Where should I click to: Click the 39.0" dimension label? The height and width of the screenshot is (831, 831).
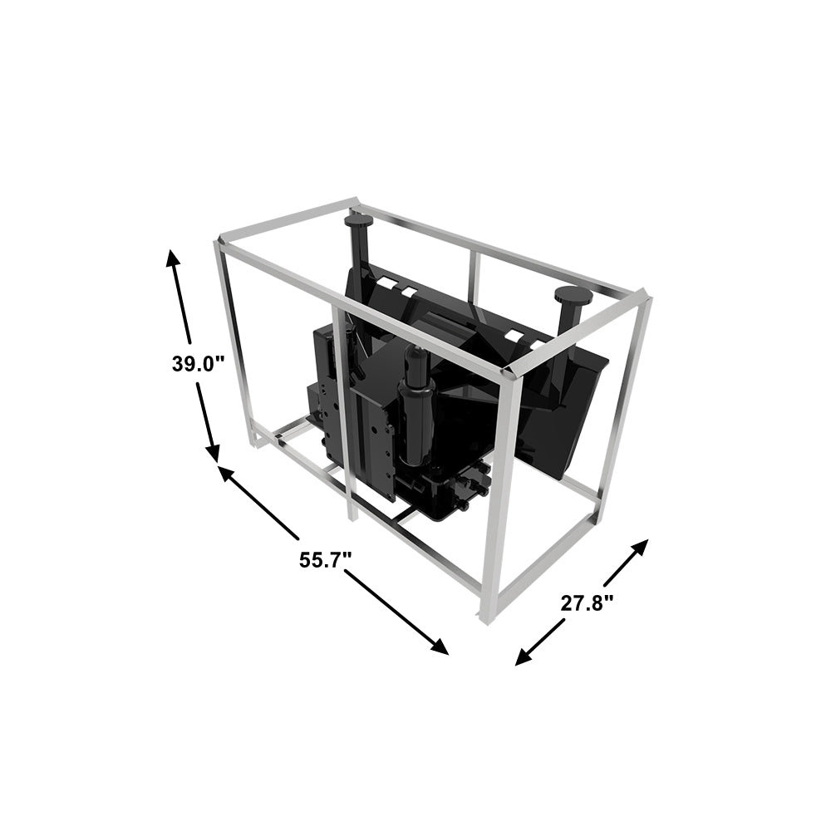pyautogui.click(x=199, y=364)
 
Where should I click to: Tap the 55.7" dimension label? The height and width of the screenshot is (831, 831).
pyautogui.click(x=326, y=559)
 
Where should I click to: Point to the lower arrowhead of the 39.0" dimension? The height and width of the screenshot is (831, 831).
pyautogui.click(x=213, y=451)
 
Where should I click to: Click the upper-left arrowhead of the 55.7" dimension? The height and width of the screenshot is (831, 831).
pyautogui.click(x=228, y=474)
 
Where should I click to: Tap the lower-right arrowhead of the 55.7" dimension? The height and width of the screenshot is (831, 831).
pyautogui.click(x=439, y=647)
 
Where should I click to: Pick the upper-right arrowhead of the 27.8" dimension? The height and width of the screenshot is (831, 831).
pyautogui.click(x=637, y=548)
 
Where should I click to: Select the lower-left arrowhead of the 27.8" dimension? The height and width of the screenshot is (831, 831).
pyautogui.click(x=524, y=656)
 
